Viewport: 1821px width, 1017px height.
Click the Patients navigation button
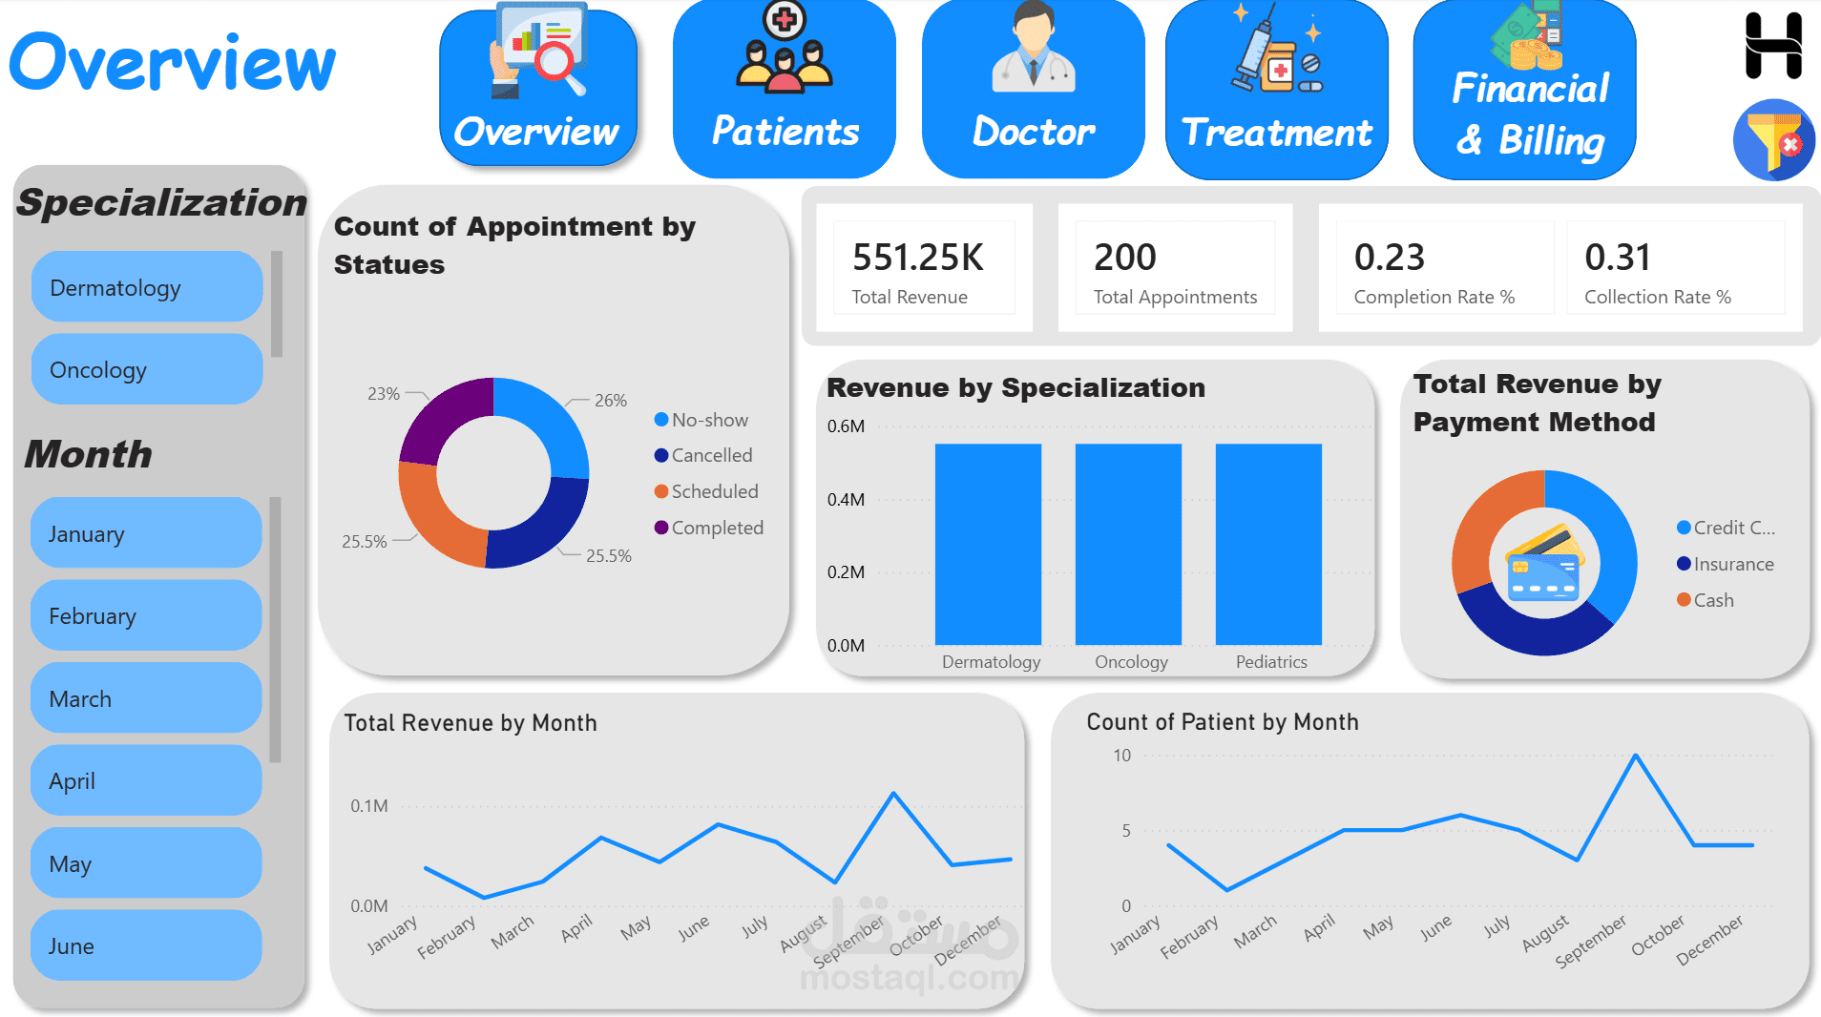[x=785, y=89]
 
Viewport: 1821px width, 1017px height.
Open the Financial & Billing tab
[x=1525, y=89]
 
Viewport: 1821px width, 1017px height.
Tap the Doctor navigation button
[x=1034, y=89]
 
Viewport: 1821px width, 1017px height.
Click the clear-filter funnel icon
[x=1774, y=140]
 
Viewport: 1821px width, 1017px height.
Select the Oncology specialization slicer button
[x=147, y=369]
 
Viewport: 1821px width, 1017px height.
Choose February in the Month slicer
[x=146, y=615]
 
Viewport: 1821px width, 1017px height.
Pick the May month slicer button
[x=146, y=863]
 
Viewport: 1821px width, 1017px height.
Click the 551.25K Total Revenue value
[x=918, y=257]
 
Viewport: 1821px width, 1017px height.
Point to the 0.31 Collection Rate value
[x=1618, y=257]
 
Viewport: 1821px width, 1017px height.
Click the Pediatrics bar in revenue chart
[x=1268, y=544]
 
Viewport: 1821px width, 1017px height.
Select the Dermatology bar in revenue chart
[x=988, y=544]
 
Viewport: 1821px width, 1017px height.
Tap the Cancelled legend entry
[x=703, y=455]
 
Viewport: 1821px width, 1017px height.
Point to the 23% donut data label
[x=384, y=394]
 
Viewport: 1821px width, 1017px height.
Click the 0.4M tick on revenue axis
[x=846, y=499]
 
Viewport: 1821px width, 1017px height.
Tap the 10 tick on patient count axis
[x=1121, y=756]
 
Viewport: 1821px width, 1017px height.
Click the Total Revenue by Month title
[x=471, y=723]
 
